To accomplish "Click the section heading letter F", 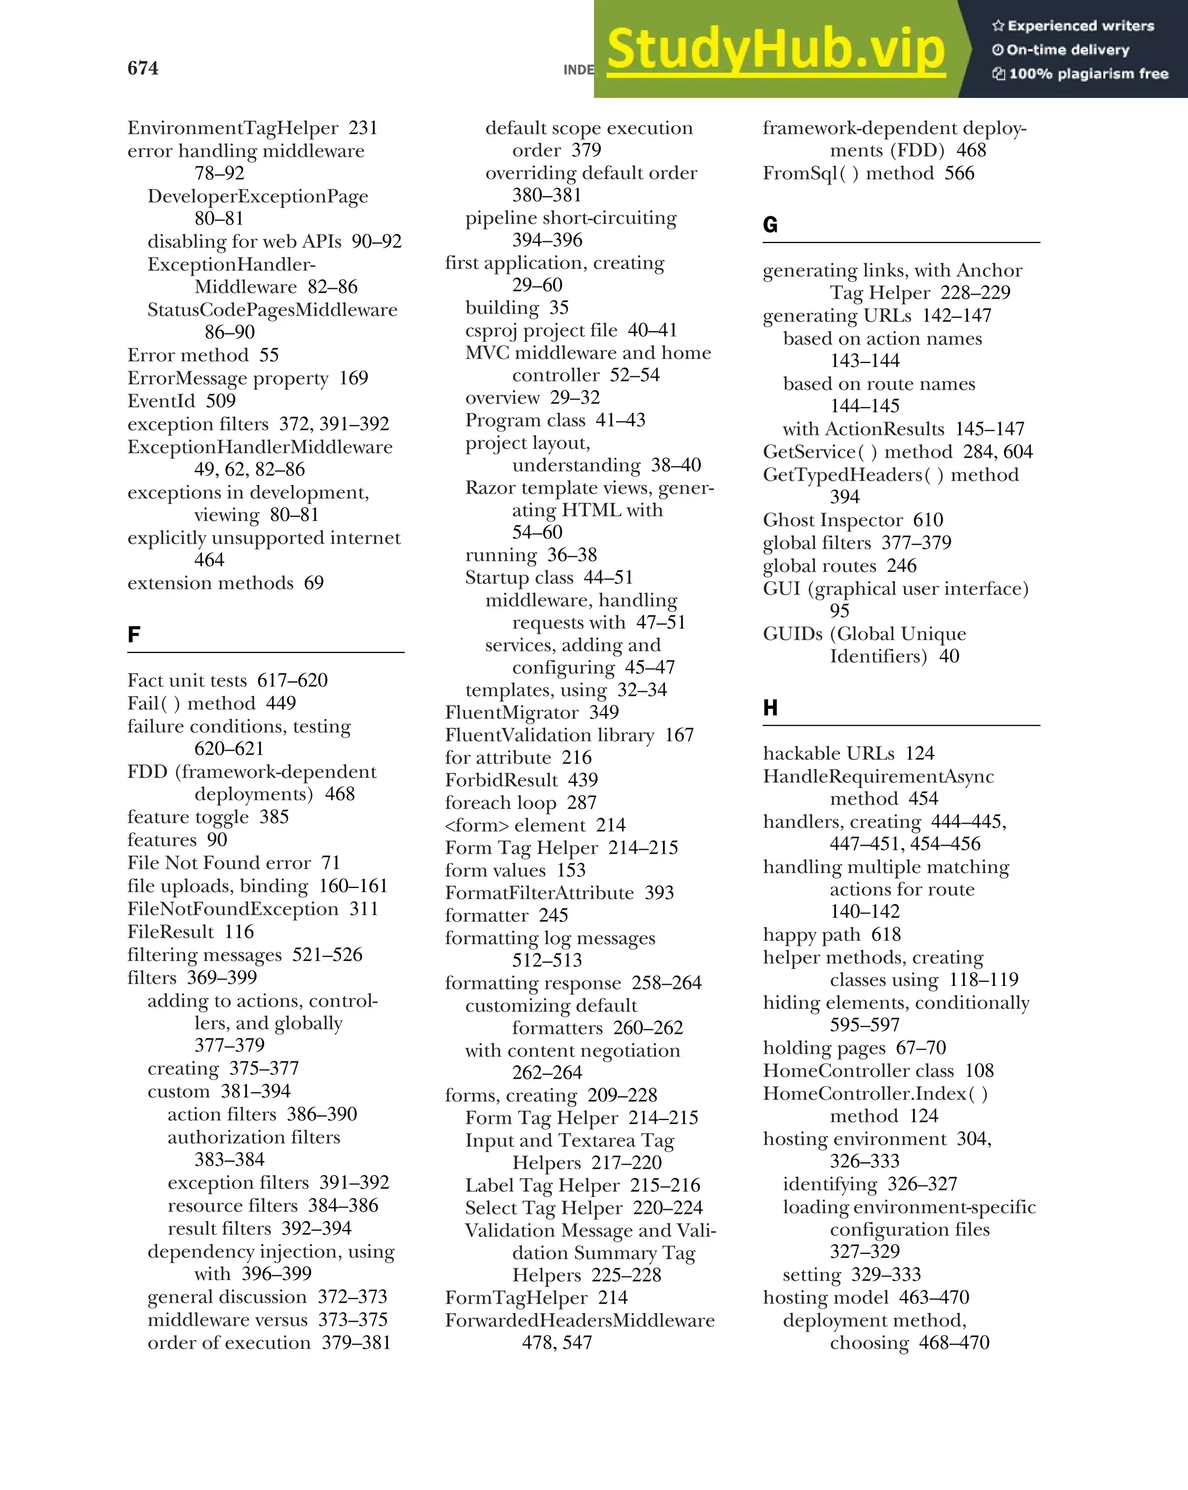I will pyautogui.click(x=134, y=634).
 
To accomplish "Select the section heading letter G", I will pyautogui.click(x=770, y=224).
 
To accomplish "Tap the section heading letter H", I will pyautogui.click(x=770, y=707).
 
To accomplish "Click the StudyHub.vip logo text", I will pyautogui.click(x=776, y=50).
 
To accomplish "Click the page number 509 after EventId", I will pyautogui.click(x=220, y=401).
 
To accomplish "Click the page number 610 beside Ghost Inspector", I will pyautogui.click(x=928, y=520).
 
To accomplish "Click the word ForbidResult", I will pyautogui.click(x=501, y=780).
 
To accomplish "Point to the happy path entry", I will pyautogui.click(x=812, y=934).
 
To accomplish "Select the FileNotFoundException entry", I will pyautogui.click(x=233, y=909).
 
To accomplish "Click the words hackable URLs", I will pyautogui.click(x=828, y=753).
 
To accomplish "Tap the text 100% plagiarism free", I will pyautogui.click(x=1088, y=74).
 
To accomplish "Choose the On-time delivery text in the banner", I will pyautogui.click(x=1067, y=50).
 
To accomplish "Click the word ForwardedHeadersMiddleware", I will pyautogui.click(x=579, y=1320).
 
